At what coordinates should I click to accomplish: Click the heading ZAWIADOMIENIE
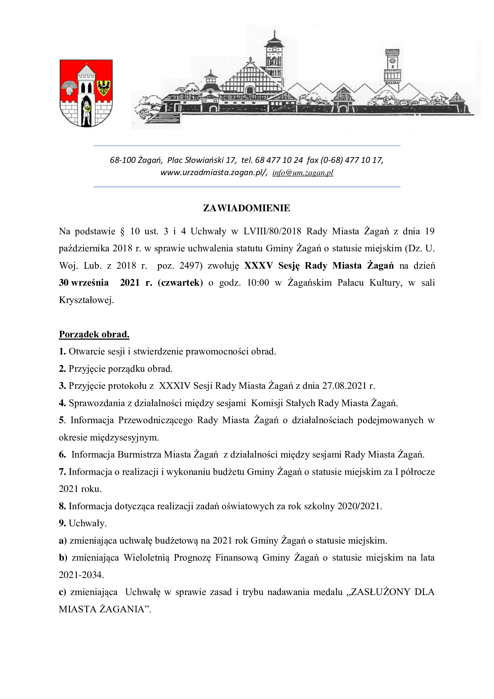(x=247, y=208)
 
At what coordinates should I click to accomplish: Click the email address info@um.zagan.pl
(x=303, y=173)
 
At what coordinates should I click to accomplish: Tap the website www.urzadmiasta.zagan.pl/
(x=214, y=173)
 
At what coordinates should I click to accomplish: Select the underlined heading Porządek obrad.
(x=94, y=334)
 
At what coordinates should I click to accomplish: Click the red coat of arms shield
(x=86, y=93)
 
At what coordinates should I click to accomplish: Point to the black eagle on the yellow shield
(x=103, y=88)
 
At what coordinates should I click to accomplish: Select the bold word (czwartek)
(x=180, y=283)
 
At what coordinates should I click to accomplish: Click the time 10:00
(x=258, y=283)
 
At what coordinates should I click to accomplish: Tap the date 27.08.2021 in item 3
(x=344, y=386)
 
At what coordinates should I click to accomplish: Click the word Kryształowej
(x=86, y=300)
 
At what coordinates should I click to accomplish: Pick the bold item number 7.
(x=62, y=472)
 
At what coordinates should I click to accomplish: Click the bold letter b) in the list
(x=63, y=558)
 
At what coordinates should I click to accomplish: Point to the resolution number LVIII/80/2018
(x=272, y=231)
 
